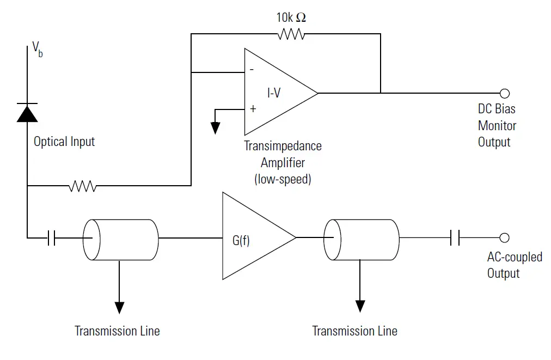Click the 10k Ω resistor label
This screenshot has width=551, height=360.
point(291,17)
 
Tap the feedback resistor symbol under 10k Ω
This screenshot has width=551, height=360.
point(291,34)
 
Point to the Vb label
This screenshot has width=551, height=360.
point(38,48)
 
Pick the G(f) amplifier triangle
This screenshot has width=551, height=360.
point(253,237)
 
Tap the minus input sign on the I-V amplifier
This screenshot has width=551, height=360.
point(252,70)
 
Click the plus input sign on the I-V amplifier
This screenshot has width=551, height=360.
point(253,108)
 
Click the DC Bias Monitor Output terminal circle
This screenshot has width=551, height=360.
point(504,93)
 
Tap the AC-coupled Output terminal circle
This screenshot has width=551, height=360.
point(504,237)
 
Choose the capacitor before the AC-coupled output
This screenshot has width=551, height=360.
point(455,237)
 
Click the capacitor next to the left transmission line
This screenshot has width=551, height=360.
point(51,238)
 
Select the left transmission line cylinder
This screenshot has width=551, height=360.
point(120,239)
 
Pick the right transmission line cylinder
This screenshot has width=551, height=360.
point(361,239)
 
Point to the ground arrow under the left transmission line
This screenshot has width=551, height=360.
point(119,307)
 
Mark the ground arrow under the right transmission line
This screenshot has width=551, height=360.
point(359,306)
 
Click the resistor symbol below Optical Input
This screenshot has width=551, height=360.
point(83,187)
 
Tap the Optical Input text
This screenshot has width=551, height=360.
point(64,142)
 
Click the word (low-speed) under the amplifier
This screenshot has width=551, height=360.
point(283,179)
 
